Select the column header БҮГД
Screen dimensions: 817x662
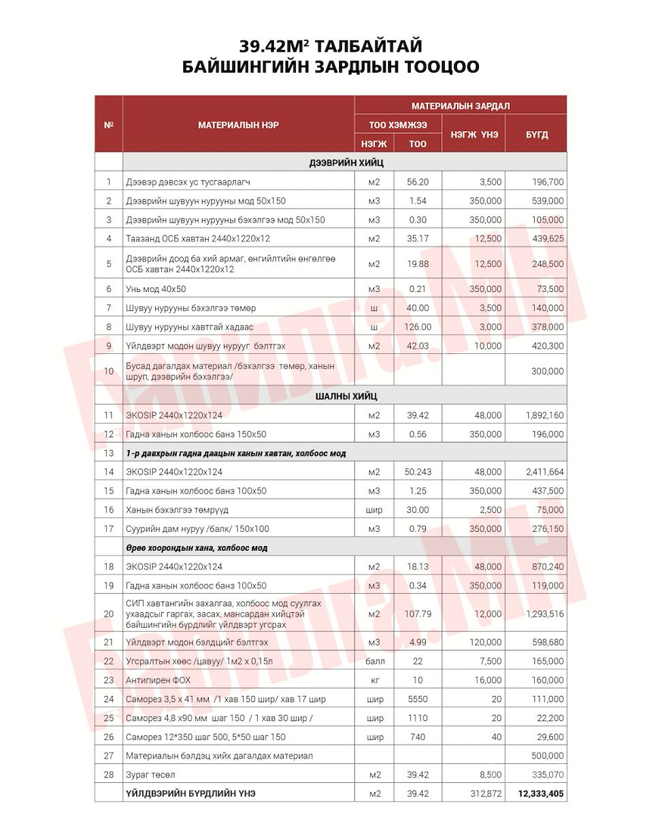pyautogui.click(x=536, y=134)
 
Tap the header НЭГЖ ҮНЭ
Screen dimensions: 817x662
pyautogui.click(x=474, y=134)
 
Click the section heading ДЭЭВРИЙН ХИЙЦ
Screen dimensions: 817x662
pyautogui.click(x=345, y=163)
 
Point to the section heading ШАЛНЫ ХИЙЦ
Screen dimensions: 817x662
pyautogui.click(x=345, y=396)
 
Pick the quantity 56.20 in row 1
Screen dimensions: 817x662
pyautogui.click(x=418, y=182)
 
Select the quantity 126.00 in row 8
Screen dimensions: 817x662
pyautogui.click(x=418, y=327)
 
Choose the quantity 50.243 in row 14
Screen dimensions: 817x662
pyautogui.click(x=418, y=472)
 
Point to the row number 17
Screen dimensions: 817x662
pyautogui.click(x=109, y=529)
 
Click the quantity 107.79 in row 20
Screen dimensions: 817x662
pyautogui.click(x=418, y=614)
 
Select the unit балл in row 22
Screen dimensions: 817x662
pyautogui.click(x=375, y=661)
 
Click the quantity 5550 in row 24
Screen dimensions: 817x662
pyautogui.click(x=418, y=699)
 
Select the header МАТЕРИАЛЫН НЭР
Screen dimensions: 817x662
pyautogui.click(x=238, y=125)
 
